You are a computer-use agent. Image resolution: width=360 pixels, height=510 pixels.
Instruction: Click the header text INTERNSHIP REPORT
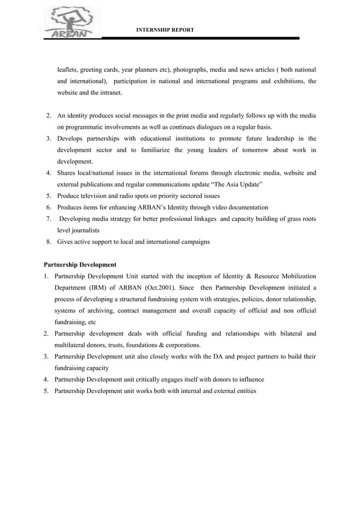[x=165, y=29]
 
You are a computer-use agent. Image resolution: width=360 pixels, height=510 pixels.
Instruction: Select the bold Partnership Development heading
[x=80, y=264]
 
